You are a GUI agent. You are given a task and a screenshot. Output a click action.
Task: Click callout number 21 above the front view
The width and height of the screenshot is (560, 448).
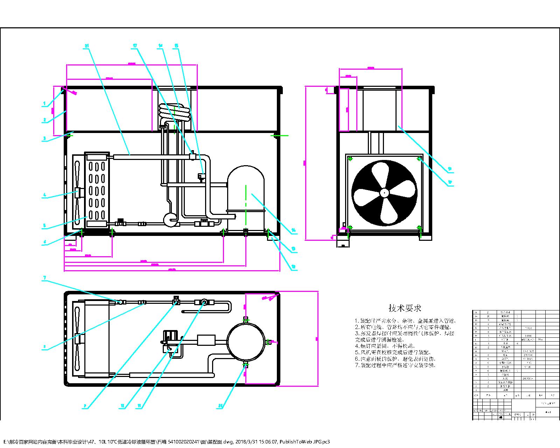87,46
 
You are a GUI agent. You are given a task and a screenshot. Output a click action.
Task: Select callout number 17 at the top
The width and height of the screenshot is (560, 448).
135,46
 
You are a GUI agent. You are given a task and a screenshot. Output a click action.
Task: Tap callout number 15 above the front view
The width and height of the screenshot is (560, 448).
176,46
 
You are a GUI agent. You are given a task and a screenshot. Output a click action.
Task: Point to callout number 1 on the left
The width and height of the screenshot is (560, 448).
44,104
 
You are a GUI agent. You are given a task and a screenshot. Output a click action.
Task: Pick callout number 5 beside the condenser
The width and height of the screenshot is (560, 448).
44,226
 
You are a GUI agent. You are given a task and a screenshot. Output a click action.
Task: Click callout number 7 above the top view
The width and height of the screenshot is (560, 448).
44,278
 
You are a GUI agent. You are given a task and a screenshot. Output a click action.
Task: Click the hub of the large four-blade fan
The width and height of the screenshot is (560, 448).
384,192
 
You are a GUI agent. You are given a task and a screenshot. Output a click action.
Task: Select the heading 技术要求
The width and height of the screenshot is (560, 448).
405,308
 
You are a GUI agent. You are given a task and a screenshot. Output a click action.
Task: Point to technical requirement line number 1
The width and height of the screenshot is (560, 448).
406,321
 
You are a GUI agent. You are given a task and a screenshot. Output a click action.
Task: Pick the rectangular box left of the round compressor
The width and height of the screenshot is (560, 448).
206,340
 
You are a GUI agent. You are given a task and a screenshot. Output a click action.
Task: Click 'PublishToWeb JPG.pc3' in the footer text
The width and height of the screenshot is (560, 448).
304,442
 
